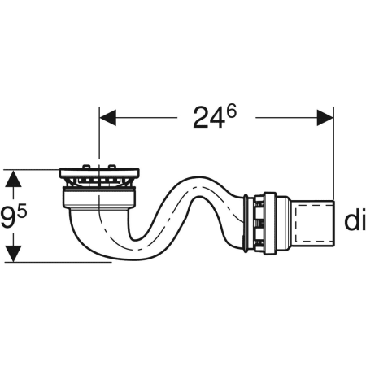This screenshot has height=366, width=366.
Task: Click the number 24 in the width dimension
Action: coord(209,118)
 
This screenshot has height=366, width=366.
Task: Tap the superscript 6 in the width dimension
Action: coord(231,111)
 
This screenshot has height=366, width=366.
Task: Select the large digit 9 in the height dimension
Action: coord(8,216)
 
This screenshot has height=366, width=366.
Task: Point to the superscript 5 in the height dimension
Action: coord(22,211)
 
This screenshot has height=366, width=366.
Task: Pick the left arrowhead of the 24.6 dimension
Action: coord(108,118)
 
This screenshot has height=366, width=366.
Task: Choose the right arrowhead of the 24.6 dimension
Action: coord(325,118)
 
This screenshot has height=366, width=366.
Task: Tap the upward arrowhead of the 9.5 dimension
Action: coord(13,179)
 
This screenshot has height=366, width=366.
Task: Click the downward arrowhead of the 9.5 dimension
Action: coord(13,254)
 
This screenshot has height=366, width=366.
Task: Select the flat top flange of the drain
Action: coord(99,173)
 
